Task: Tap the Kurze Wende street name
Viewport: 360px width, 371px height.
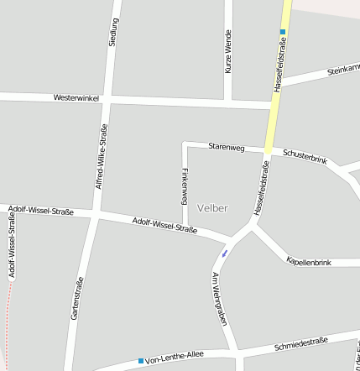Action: (227, 52)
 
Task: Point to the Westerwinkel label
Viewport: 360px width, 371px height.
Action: (76, 98)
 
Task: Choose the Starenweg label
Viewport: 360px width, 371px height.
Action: (226, 148)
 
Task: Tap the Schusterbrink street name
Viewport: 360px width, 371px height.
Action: (305, 155)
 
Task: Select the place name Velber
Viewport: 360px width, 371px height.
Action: (212, 207)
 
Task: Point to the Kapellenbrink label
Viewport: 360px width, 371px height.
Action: (309, 262)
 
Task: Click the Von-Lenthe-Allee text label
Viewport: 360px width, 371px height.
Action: (175, 359)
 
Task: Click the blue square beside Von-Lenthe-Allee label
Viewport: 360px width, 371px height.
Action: (141, 361)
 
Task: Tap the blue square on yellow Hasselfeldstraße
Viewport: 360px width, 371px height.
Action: (283, 32)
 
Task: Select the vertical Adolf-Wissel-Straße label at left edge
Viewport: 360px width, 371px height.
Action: (12, 244)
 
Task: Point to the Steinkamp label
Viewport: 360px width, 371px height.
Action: (342, 71)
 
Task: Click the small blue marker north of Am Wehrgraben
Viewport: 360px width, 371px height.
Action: (224, 253)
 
